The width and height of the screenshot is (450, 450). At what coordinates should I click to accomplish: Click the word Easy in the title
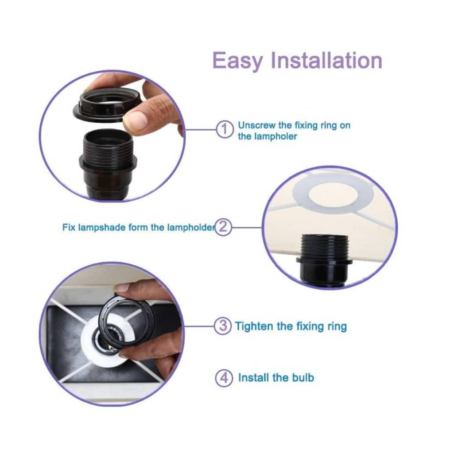click(x=238, y=61)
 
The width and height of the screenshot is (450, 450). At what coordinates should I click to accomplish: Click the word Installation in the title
click(x=326, y=60)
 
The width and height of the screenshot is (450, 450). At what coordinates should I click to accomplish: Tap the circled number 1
click(x=225, y=129)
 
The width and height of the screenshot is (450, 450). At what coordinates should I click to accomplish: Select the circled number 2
click(x=223, y=227)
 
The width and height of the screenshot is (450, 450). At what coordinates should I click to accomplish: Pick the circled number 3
click(x=223, y=326)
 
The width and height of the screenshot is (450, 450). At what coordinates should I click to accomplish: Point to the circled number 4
click(x=224, y=378)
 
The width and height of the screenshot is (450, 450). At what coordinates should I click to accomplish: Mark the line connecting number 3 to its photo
click(x=199, y=326)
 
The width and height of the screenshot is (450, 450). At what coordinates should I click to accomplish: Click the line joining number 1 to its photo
click(x=201, y=129)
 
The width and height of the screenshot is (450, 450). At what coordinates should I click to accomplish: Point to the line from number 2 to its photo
click(x=247, y=228)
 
